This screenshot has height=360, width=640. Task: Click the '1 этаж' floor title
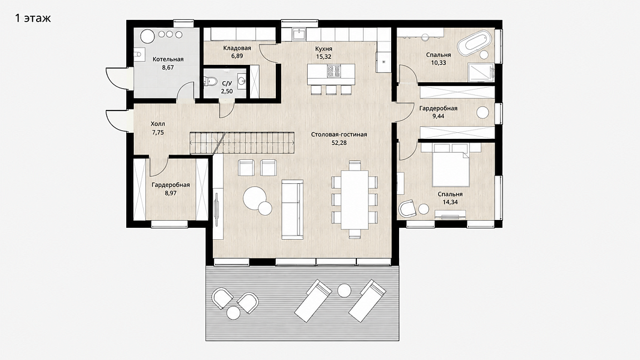[32, 18]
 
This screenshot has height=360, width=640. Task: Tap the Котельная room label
[168, 59]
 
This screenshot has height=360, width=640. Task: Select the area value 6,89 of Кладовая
[237, 56]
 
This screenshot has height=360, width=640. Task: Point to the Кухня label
[324, 49]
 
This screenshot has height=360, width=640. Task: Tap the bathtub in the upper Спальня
[473, 43]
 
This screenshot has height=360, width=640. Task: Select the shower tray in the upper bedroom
[481, 73]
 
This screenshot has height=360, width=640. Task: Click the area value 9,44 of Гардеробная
[438, 116]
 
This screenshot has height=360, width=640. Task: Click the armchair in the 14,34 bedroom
[407, 208]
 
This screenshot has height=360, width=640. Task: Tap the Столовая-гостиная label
[339, 134]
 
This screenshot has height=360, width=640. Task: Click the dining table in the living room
[355, 200]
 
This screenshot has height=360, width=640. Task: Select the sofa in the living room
[292, 209]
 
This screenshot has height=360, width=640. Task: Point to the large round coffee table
[255, 198]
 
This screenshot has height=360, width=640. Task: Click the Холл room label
[158, 124]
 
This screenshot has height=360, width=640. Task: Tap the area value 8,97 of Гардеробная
[171, 193]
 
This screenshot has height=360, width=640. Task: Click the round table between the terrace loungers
[344, 290]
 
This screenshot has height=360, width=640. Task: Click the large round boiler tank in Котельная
[147, 36]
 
